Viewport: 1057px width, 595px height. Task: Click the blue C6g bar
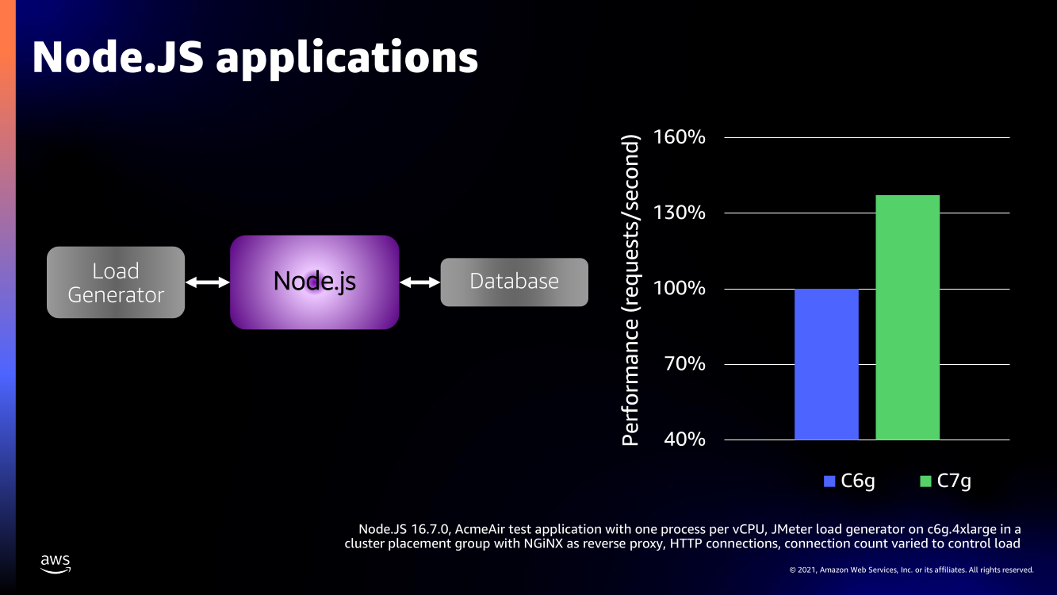(x=826, y=364)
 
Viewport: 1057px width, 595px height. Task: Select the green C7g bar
(x=907, y=317)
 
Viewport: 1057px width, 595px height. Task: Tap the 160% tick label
(x=679, y=137)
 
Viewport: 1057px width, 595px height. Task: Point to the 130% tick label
(x=679, y=213)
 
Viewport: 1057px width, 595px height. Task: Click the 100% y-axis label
(x=679, y=288)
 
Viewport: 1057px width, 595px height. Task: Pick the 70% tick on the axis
(x=684, y=364)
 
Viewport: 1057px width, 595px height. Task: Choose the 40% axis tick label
(x=684, y=440)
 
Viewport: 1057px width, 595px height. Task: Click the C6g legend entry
(x=849, y=482)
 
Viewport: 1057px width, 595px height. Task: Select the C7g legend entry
(x=946, y=482)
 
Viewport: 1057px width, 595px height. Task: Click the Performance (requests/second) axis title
(x=630, y=290)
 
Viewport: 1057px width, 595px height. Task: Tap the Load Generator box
(x=116, y=282)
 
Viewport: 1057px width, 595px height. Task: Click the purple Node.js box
(x=315, y=282)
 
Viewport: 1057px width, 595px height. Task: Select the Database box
(x=515, y=282)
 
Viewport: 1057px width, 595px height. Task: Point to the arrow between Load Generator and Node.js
(x=208, y=282)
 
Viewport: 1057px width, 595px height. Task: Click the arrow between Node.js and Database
(x=420, y=282)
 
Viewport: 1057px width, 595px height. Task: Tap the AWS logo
(x=56, y=564)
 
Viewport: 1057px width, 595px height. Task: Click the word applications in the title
(x=347, y=59)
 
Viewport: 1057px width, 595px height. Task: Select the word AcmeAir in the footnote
(x=480, y=529)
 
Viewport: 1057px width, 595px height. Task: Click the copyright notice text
(x=911, y=570)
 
